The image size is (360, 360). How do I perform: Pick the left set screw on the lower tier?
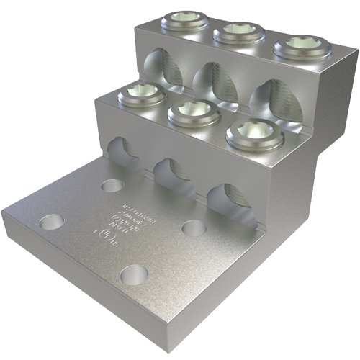134,94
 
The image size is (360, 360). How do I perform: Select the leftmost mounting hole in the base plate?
51,220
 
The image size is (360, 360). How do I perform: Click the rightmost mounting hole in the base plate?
194,228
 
